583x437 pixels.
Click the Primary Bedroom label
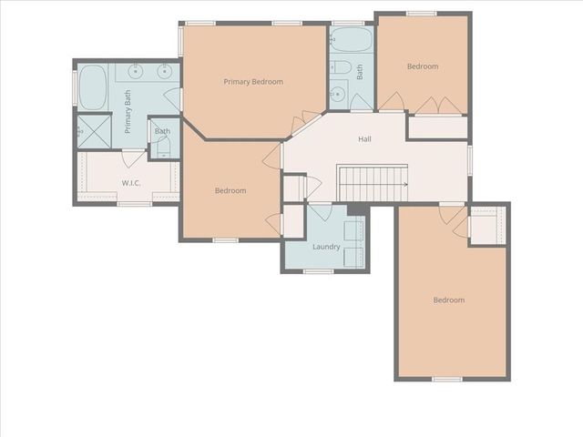click(x=253, y=82)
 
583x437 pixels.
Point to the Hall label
click(x=364, y=139)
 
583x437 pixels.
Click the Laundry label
click(x=325, y=247)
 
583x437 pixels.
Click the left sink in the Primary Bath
click(x=135, y=73)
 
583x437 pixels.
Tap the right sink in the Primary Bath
click(x=164, y=73)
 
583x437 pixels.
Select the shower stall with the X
click(x=93, y=130)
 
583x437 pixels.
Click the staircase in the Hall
click(x=372, y=182)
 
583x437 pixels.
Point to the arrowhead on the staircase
click(x=404, y=183)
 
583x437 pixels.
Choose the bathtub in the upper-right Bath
click(x=351, y=39)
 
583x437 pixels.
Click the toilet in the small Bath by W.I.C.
click(x=161, y=150)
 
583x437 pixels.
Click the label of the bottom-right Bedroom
click(x=448, y=300)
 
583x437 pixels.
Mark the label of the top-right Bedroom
click(x=423, y=66)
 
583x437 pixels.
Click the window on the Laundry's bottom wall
click(x=318, y=270)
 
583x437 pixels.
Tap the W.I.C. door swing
click(x=133, y=158)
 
